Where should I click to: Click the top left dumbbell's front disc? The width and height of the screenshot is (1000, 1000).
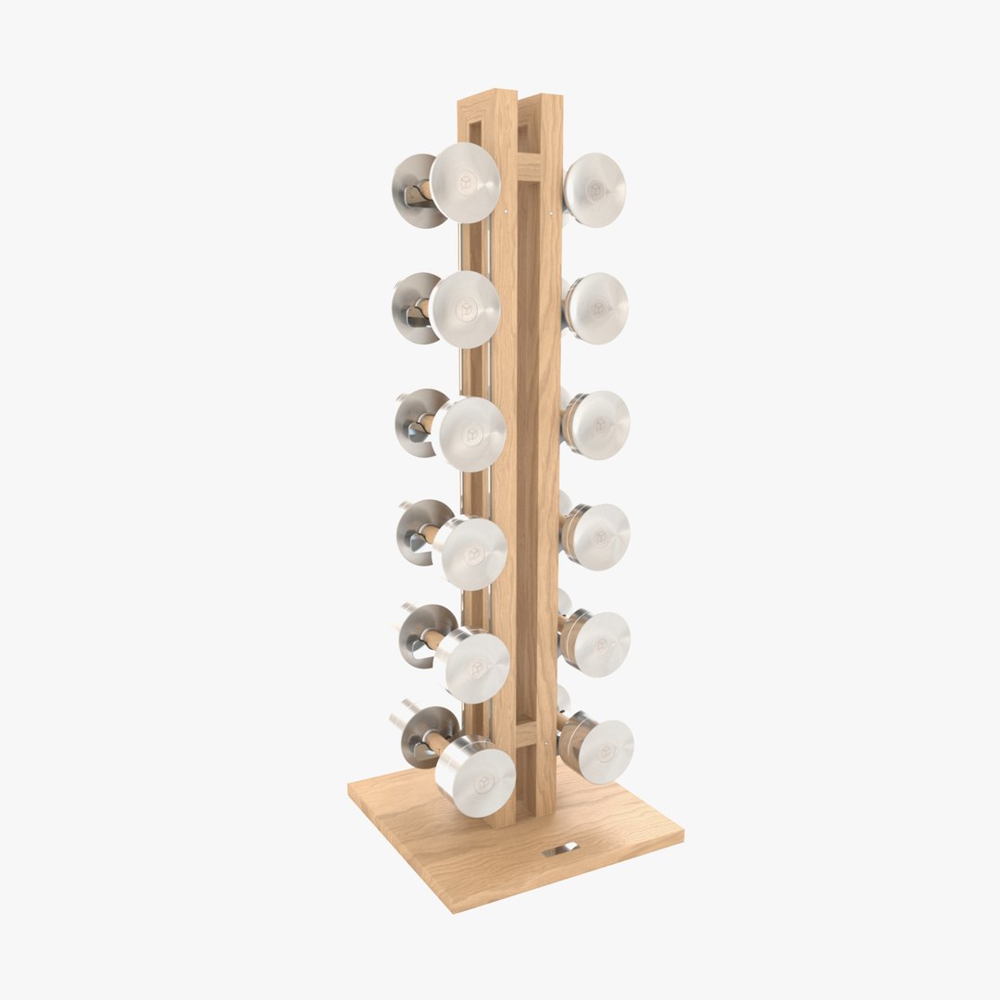(x=465, y=182)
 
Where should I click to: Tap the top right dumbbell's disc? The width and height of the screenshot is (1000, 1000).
(x=594, y=190)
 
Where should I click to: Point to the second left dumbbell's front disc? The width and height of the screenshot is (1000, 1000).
(x=465, y=309)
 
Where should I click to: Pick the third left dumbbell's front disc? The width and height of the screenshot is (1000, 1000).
(x=470, y=433)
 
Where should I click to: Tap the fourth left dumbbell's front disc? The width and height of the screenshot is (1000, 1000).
(x=473, y=553)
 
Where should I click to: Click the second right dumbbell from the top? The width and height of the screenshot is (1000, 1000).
(x=596, y=308)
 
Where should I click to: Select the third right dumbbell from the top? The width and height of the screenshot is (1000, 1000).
(x=598, y=425)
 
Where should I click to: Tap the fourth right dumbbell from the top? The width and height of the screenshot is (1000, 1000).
(x=599, y=537)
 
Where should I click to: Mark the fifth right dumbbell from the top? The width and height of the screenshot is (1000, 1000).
(x=599, y=644)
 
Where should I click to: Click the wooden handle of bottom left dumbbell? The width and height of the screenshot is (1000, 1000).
(x=437, y=744)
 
